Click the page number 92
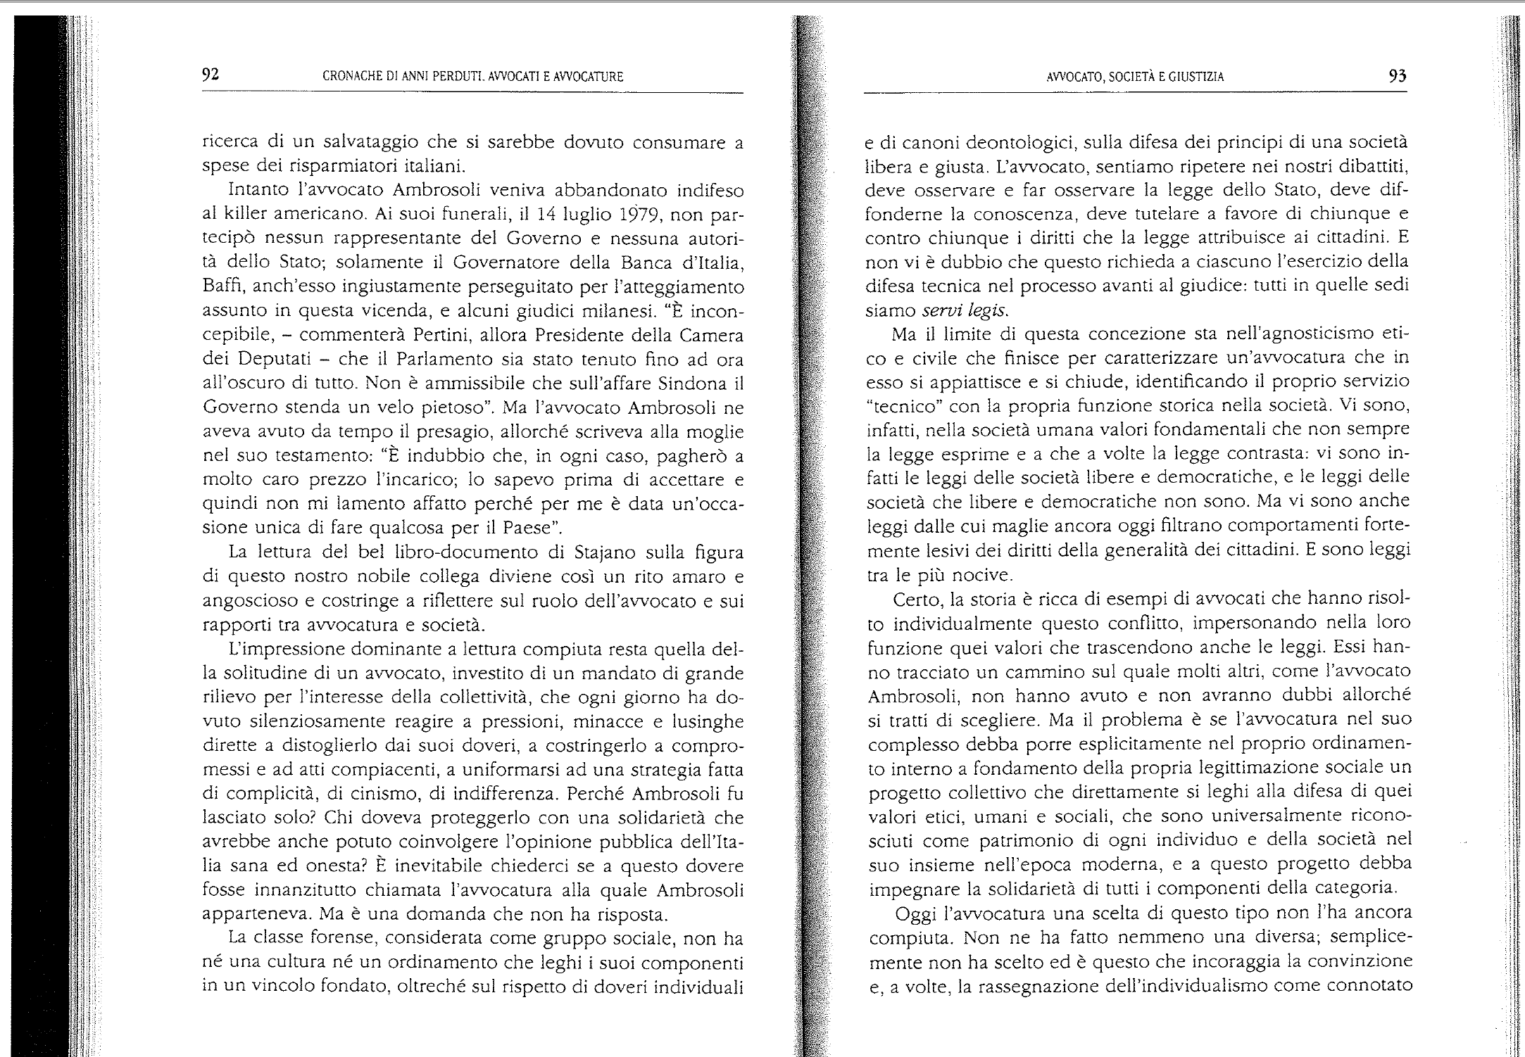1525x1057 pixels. point(211,75)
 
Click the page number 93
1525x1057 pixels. point(1397,76)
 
